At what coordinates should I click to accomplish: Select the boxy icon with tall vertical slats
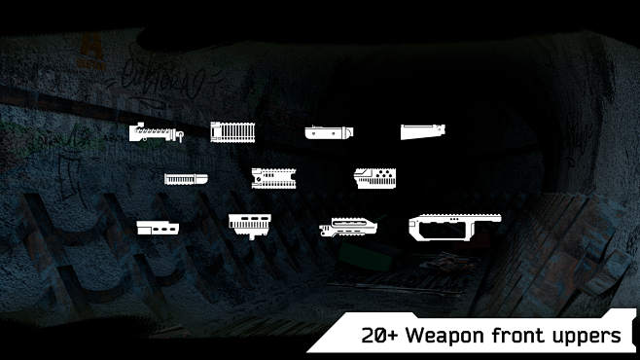(232, 132)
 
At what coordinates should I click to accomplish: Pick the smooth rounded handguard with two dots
(326, 132)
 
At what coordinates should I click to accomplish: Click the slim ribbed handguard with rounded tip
(186, 179)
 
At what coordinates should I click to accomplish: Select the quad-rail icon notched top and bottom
(277, 177)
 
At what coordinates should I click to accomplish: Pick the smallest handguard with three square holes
(159, 228)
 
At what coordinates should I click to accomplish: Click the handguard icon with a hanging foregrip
(249, 224)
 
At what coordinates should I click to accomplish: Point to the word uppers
(587, 337)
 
